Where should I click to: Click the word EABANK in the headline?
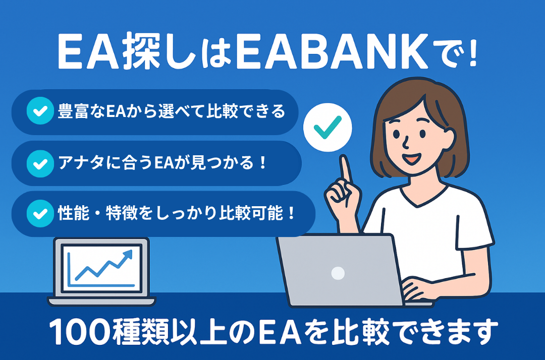(332, 52)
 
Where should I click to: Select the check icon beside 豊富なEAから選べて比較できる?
(40, 111)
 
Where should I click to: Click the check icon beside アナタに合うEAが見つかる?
(40, 163)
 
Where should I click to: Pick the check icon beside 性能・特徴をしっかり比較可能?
(40, 213)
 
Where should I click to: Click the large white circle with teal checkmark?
(328, 128)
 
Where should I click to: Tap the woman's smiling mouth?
(412, 158)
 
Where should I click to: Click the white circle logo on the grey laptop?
(338, 273)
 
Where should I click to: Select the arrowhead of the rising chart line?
(128, 255)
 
